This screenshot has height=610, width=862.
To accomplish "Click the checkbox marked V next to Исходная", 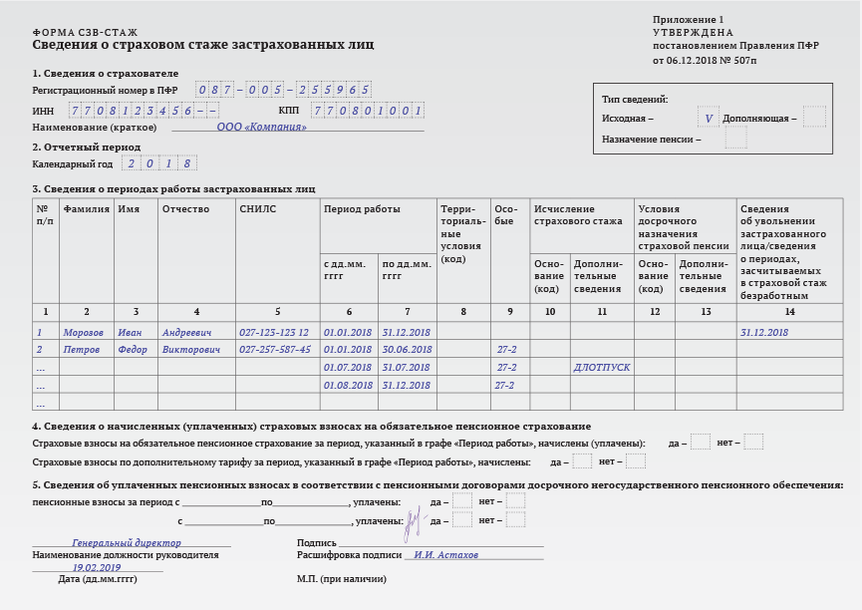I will [709, 118].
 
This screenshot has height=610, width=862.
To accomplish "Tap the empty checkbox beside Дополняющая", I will [814, 118].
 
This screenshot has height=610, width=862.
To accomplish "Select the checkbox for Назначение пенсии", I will [735, 140].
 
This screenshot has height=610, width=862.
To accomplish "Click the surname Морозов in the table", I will [83, 333].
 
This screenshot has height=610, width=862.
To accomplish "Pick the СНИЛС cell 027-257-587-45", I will [275, 350].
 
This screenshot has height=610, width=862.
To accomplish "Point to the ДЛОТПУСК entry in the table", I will [602, 368].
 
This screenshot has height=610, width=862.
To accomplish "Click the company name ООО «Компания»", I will [261, 128].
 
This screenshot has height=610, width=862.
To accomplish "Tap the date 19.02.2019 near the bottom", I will [97, 567].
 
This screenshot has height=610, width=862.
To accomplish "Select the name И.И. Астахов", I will [446, 555].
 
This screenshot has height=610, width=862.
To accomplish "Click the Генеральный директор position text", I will [127, 543].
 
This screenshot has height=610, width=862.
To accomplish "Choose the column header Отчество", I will [185, 209].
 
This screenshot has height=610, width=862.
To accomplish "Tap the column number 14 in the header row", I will [789, 312].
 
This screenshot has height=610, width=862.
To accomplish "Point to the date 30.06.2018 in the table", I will [407, 350].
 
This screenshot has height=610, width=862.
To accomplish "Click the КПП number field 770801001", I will [368, 111].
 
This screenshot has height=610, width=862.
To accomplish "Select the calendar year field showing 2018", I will [159, 163].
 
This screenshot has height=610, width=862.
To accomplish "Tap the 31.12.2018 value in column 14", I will [764, 333].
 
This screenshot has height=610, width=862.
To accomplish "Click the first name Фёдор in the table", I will [133, 350].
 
